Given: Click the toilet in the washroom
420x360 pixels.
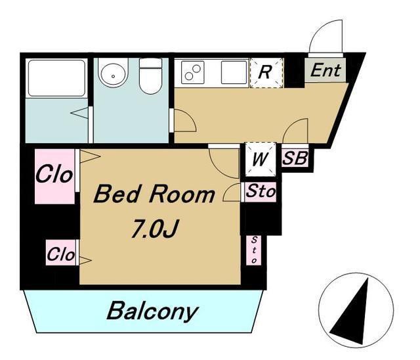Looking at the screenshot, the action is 150,76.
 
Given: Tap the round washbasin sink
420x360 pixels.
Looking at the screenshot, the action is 113,73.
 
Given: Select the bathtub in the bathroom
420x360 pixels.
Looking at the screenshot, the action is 56,78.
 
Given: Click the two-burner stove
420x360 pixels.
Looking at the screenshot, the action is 193,72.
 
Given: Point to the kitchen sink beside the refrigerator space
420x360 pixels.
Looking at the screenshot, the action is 234,72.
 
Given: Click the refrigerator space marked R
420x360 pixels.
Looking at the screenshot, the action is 266,73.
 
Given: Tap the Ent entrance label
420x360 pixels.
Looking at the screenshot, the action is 325,70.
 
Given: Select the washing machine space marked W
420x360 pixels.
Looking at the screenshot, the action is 261,159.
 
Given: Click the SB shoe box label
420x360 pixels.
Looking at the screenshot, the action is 295,158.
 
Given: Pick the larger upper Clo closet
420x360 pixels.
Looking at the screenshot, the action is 54,176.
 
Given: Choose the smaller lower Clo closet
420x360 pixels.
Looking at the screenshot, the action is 61,253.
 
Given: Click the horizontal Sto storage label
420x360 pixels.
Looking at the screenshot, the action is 261,191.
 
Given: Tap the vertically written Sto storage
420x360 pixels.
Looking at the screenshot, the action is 254,250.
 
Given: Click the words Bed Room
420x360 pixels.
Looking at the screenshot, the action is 154,194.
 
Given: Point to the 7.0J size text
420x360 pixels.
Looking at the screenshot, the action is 154,229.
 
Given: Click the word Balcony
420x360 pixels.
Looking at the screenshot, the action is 153,311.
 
